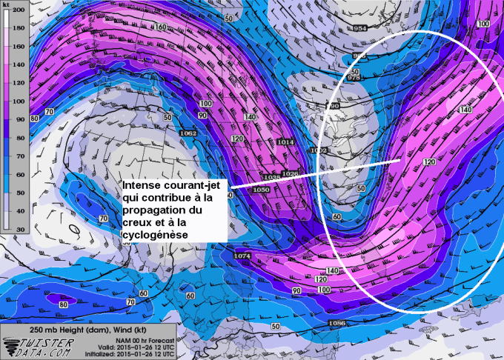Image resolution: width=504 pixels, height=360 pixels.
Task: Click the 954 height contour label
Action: [x=360, y=28]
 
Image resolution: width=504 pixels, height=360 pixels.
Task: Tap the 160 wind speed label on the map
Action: [x=161, y=27]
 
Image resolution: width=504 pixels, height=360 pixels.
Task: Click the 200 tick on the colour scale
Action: [x=19, y=11]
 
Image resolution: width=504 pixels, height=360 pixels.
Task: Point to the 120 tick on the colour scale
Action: [x=19, y=88]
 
